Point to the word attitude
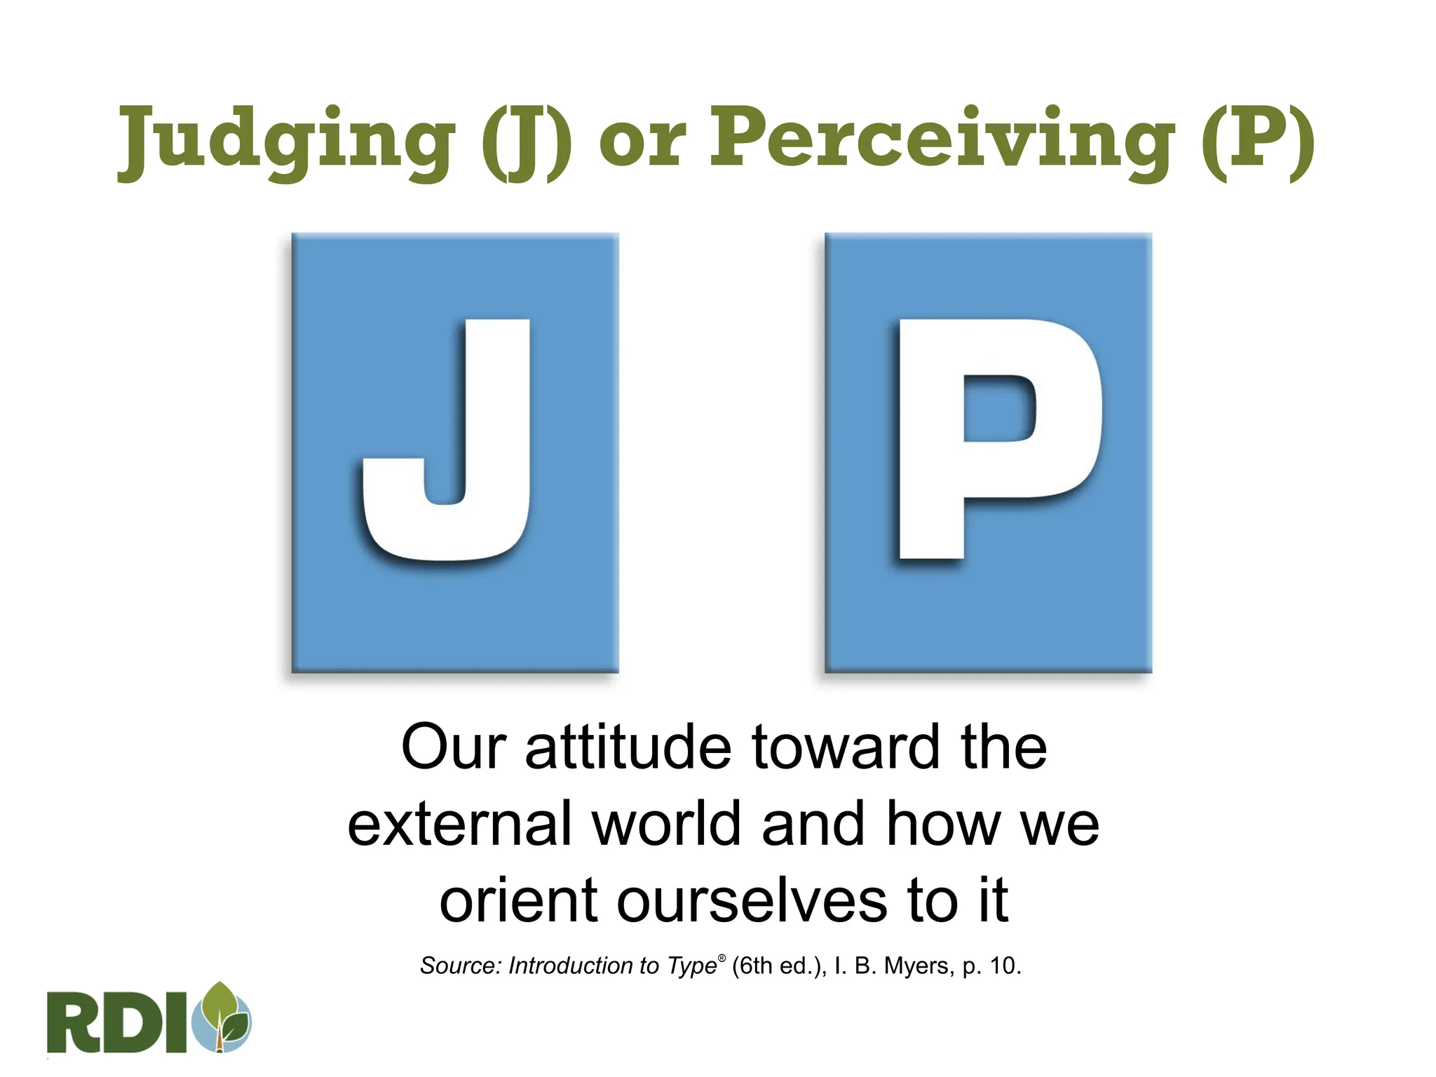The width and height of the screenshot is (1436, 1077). tap(628, 747)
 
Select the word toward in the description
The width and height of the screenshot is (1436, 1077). tap(845, 747)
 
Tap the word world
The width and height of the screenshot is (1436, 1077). tap(667, 824)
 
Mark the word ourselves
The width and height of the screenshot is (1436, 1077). tap(751, 900)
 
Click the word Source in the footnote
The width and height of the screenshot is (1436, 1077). tap(459, 966)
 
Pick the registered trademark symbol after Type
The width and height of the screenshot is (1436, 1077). tap(722, 958)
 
